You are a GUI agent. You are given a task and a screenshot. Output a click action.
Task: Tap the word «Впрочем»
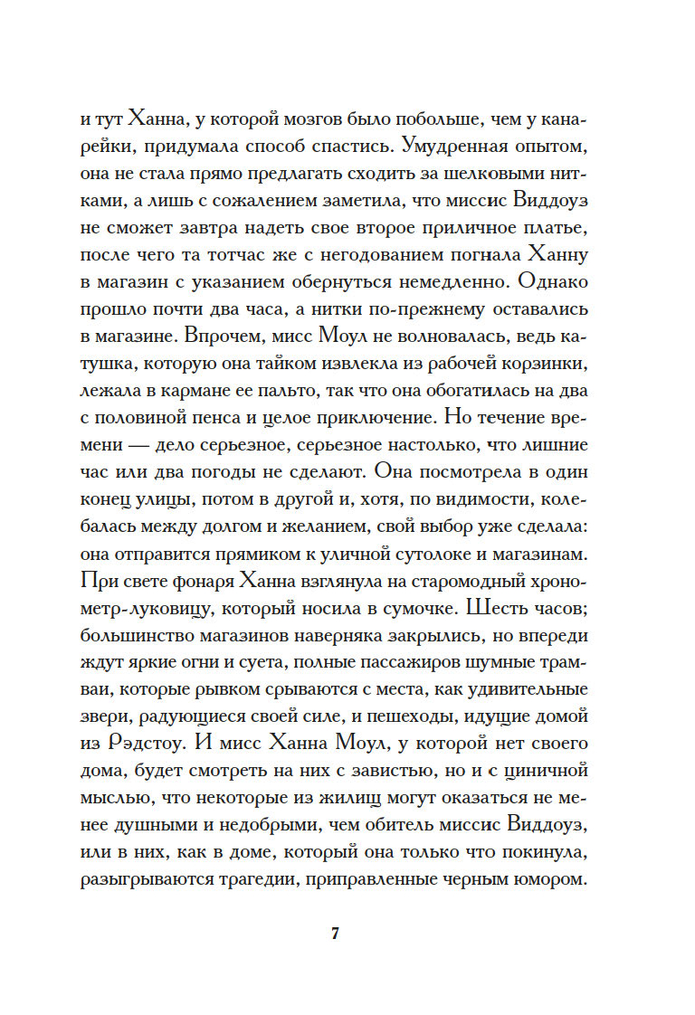(x=225, y=334)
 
